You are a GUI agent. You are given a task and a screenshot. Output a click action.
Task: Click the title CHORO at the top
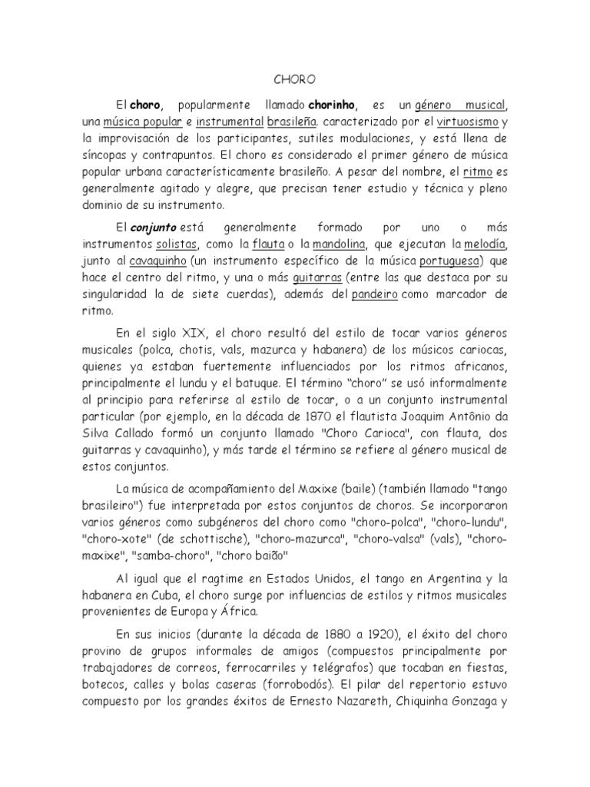coord(295,79)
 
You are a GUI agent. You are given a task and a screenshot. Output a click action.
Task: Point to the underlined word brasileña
coord(292,121)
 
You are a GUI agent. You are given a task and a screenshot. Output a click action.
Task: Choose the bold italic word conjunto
coord(157,228)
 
